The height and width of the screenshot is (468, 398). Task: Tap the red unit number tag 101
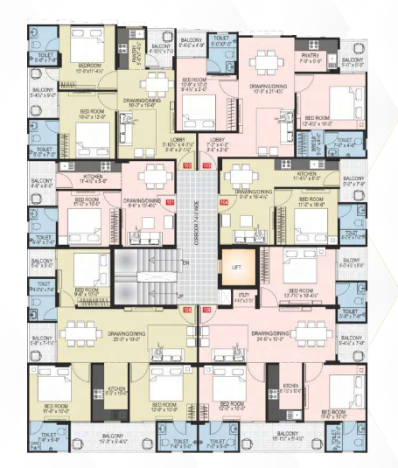coord(171,202)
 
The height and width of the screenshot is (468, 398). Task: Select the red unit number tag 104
coord(223,202)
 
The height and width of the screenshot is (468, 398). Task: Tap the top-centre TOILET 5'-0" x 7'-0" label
coord(222,40)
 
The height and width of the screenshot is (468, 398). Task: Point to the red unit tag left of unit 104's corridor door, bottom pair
coord(185,310)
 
